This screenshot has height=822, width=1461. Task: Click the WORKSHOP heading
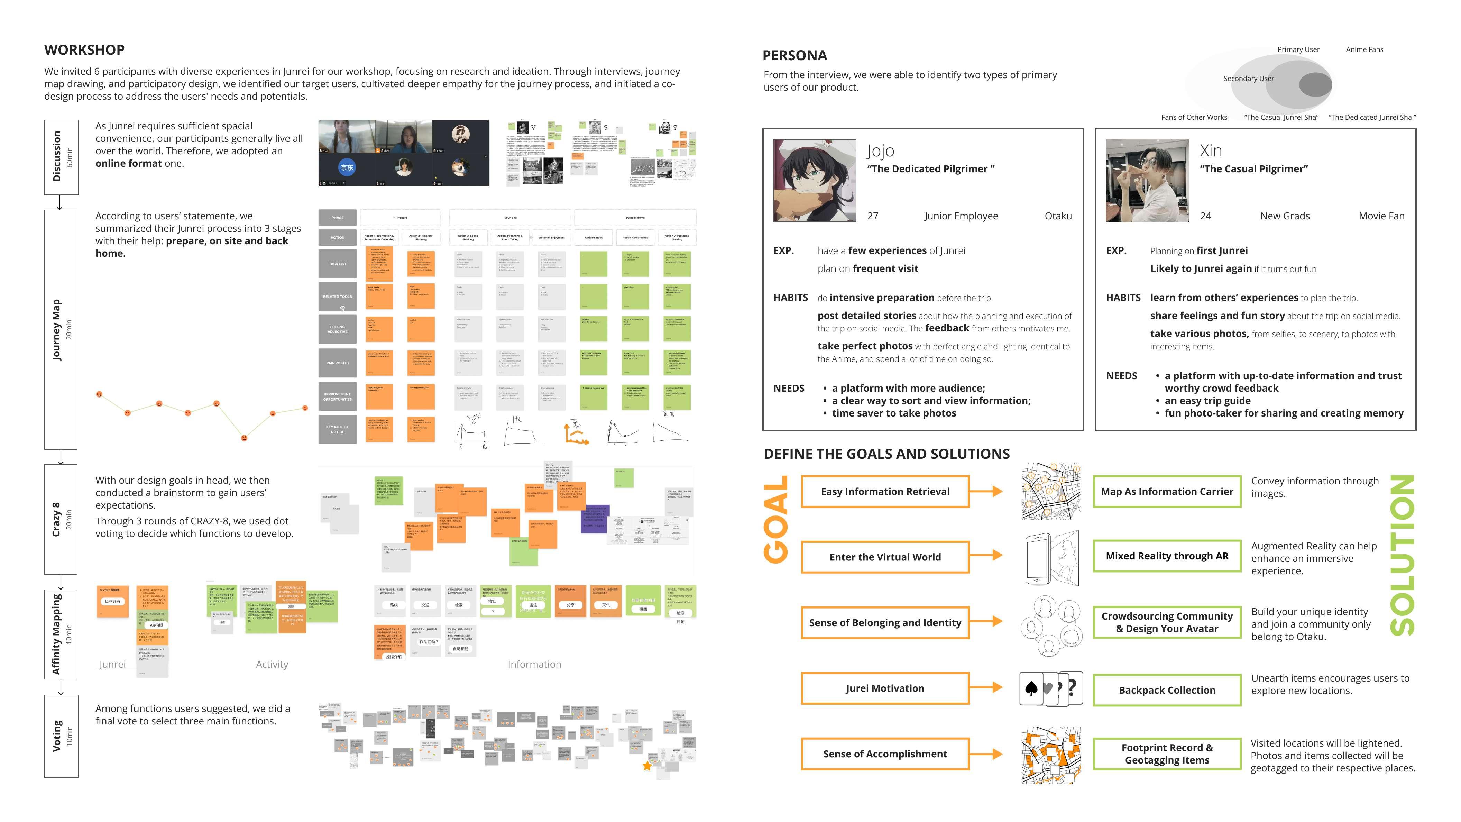point(84,50)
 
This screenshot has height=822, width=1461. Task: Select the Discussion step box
point(61,157)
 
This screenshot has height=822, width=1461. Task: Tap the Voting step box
point(61,736)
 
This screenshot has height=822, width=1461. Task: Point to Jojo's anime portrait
point(815,180)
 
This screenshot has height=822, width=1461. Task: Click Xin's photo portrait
point(1147,180)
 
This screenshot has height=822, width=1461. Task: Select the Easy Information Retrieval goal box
point(885,491)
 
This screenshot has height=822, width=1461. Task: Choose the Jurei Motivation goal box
point(885,688)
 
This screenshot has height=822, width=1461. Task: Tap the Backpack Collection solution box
point(1167,690)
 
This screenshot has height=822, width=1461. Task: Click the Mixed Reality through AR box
point(1167,556)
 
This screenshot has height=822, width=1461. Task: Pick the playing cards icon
point(1050,688)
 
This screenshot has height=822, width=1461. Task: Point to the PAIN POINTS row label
point(338,363)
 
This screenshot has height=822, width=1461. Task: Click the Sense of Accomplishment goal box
point(885,754)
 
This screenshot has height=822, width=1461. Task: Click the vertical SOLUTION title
point(1402,555)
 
